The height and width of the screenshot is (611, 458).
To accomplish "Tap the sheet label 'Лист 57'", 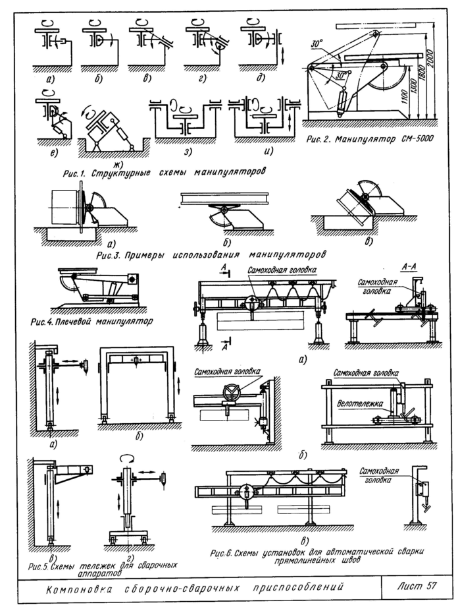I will pos(418,585).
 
